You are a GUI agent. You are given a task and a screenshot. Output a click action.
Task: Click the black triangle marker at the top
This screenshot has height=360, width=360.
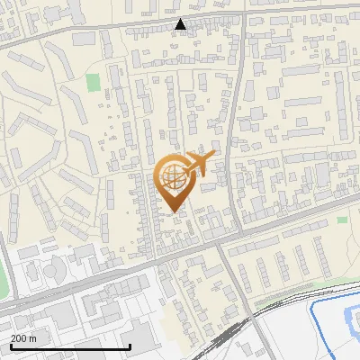181,24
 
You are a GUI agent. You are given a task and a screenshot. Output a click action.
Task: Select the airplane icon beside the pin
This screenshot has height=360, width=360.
200,165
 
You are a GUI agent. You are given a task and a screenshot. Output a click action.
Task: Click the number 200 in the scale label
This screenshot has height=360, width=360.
19,339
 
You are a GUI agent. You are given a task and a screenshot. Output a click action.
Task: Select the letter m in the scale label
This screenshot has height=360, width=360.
33,339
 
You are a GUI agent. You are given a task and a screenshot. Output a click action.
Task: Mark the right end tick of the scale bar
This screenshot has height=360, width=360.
130,345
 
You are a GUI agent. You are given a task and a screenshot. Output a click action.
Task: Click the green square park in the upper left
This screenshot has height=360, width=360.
93,82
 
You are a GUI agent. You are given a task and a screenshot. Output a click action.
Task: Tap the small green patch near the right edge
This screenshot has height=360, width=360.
342,220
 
